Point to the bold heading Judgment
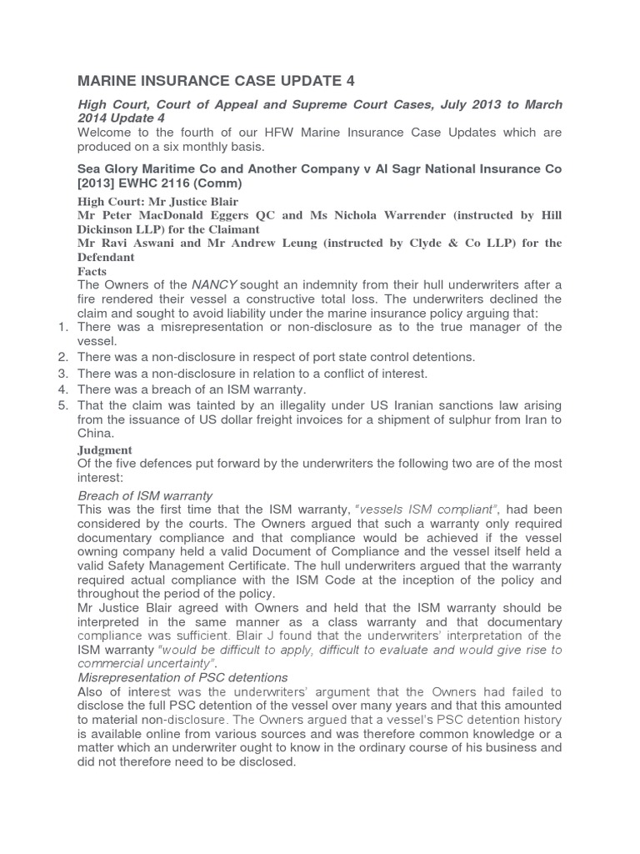pyautogui.click(x=104, y=450)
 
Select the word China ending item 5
pyautogui.click(x=97, y=434)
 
